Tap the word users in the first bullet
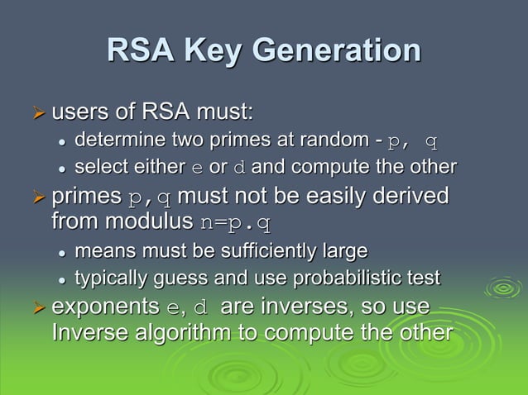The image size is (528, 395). coord(77,111)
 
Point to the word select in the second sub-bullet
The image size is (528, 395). coord(98,167)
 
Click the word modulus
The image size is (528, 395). coord(156,222)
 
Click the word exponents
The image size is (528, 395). coord(106,308)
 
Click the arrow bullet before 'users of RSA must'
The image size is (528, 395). coord(36,112)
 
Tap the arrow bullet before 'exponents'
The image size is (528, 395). coord(36,307)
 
